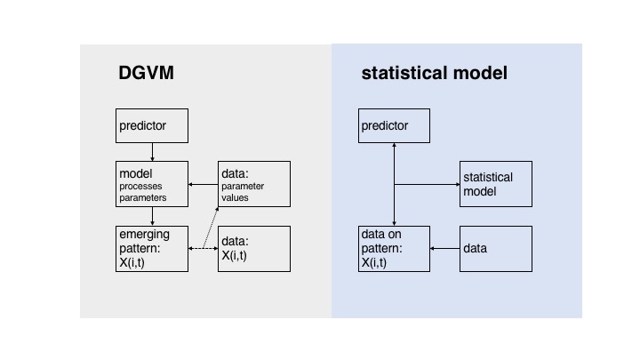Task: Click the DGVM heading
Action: click(146, 73)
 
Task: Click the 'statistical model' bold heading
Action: click(435, 73)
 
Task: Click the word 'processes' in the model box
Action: click(140, 186)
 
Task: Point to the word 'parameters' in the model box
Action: click(143, 197)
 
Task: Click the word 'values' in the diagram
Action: click(235, 197)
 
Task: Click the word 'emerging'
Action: click(144, 235)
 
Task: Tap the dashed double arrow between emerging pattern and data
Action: click(204, 248)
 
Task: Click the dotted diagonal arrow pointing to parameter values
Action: click(211, 228)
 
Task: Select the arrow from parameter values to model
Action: click(204, 185)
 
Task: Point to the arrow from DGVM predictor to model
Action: click(152, 152)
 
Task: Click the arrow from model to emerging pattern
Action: click(152, 216)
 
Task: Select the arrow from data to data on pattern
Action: click(445, 248)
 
